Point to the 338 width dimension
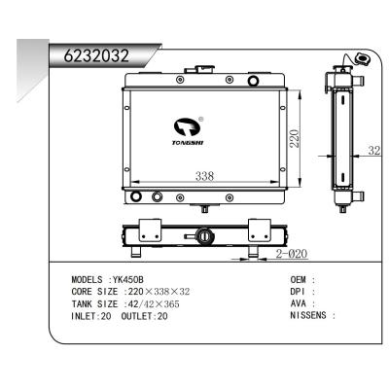pos(205,176)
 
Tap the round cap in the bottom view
pos(203,235)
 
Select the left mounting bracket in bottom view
pos(148,232)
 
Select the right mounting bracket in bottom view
pos(259,232)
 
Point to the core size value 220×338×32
pos(151,291)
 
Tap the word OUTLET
pos(138,315)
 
